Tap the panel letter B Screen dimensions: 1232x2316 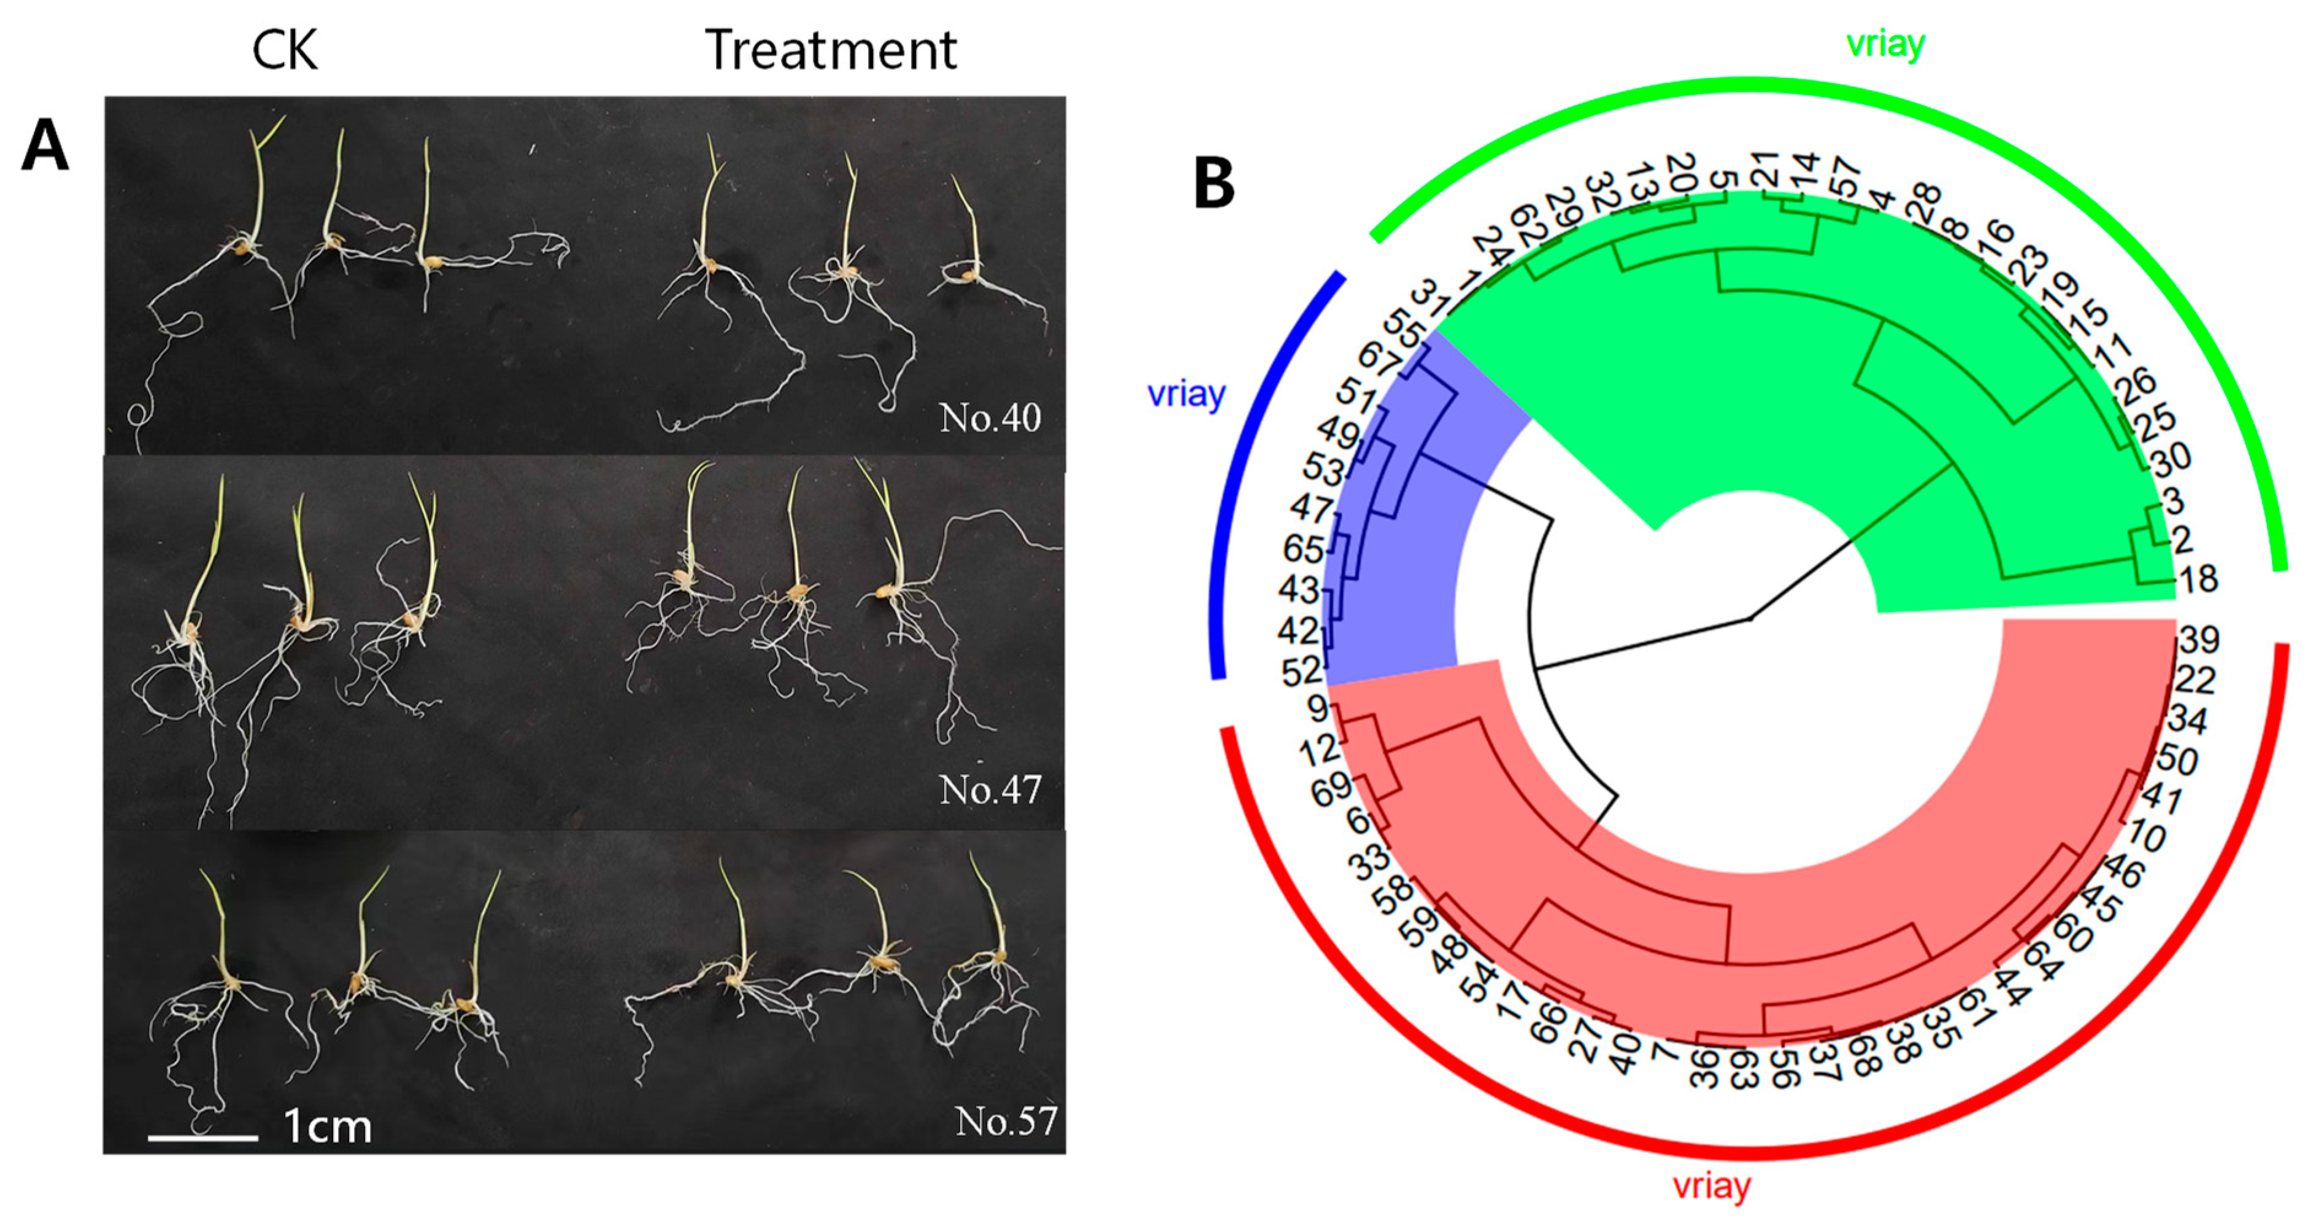pyautogui.click(x=1213, y=184)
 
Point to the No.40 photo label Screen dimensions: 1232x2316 pyautogui.click(x=990, y=417)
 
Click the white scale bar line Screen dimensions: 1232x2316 pyautogui.click(x=203, y=1137)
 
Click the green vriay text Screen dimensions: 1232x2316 pyautogui.click(x=1885, y=43)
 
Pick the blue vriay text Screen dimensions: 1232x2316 pyautogui.click(x=1186, y=394)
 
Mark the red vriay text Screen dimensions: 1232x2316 pyautogui.click(x=1711, y=1186)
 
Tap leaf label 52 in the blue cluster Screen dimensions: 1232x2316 pyautogui.click(x=1301, y=671)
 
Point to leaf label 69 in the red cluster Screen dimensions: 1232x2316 pyautogui.click(x=1331, y=788)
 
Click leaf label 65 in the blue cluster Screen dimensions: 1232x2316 pyautogui.click(x=1302, y=549)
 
